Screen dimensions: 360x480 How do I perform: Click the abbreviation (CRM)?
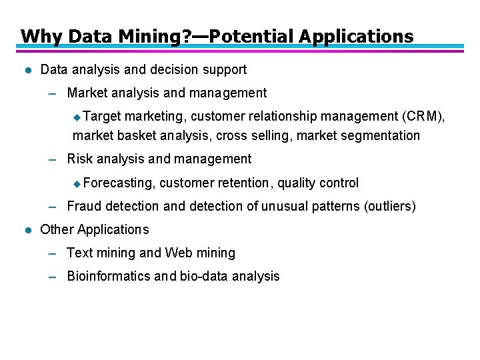(424, 117)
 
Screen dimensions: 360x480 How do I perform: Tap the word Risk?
(80, 159)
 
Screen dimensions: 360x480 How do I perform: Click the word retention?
(244, 183)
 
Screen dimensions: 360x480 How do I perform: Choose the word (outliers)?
(390, 207)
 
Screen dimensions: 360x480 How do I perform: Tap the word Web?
(179, 253)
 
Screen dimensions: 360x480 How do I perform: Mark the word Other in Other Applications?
(57, 230)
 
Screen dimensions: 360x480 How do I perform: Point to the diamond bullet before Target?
(77, 117)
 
